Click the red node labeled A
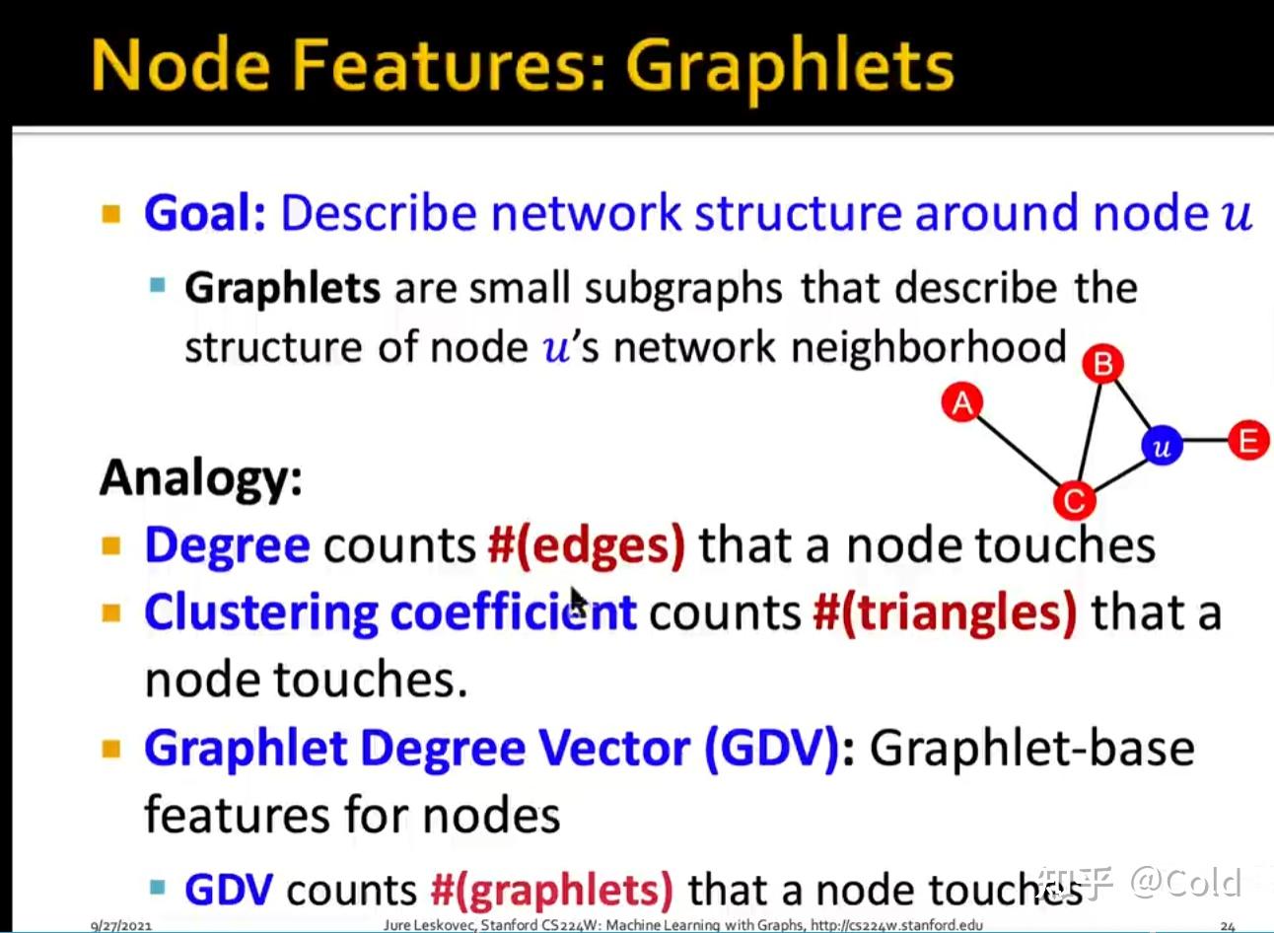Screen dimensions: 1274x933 click(x=962, y=402)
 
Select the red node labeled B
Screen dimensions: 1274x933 click(x=1102, y=364)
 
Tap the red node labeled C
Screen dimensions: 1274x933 click(x=1075, y=501)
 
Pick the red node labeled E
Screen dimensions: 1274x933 click(x=1249, y=441)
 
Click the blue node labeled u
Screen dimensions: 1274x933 click(x=1162, y=446)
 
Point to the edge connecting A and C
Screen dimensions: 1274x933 click(x=1018, y=452)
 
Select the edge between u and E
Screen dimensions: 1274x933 click(x=1206, y=440)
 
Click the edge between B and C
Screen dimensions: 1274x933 click(x=1090, y=432)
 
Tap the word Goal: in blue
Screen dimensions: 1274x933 click(x=205, y=212)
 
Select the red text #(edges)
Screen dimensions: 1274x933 click(x=587, y=546)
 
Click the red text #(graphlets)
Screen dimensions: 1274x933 click(x=551, y=891)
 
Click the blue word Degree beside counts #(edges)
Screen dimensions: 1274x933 click(x=228, y=546)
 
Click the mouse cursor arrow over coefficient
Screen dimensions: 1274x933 click(x=578, y=602)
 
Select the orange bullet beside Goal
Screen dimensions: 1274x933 click(x=111, y=214)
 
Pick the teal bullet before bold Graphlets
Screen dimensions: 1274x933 click(x=158, y=284)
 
